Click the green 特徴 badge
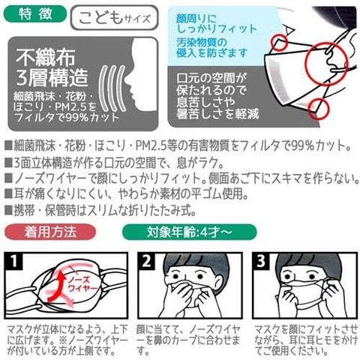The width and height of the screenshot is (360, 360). click(x=35, y=13)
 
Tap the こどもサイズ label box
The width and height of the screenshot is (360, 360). click(x=115, y=17)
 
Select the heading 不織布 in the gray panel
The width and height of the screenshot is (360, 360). click(x=46, y=57)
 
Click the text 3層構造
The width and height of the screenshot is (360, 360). click(x=52, y=78)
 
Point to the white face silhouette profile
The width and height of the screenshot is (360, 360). click(x=141, y=75)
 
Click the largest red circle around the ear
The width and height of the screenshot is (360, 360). click(x=328, y=64)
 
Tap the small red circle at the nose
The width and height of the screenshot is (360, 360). click(x=279, y=41)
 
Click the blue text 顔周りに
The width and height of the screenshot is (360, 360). click(x=196, y=18)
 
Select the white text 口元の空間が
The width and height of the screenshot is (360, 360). click(x=211, y=78)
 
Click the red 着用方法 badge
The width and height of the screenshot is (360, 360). click(x=50, y=232)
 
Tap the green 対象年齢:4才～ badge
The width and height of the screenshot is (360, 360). click(x=189, y=232)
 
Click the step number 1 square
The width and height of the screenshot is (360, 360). click(x=13, y=261)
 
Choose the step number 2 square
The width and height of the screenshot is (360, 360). click(x=146, y=261)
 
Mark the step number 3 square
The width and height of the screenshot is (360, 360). click(x=261, y=261)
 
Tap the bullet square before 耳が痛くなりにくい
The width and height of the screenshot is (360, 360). click(x=8, y=193)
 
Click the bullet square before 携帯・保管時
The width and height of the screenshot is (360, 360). click(x=8, y=211)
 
